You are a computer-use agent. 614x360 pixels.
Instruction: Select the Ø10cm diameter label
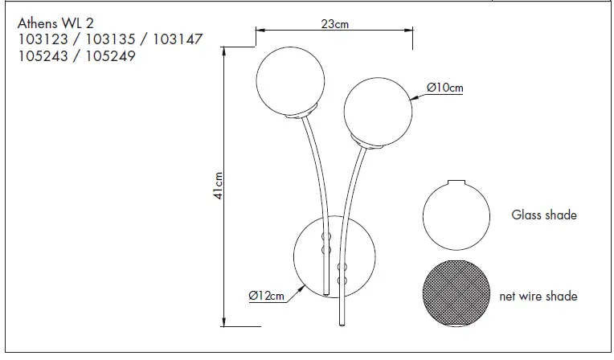click(x=445, y=88)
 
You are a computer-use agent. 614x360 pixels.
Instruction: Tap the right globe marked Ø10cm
click(x=379, y=110)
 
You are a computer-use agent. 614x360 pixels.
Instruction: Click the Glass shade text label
click(x=544, y=215)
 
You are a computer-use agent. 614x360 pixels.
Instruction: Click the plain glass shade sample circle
click(x=455, y=217)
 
